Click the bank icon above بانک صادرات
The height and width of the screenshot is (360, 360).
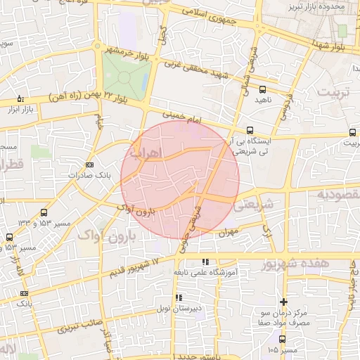pyautogui.click(x=89, y=165)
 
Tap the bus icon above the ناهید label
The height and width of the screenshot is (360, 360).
pyautogui.click(x=262, y=89)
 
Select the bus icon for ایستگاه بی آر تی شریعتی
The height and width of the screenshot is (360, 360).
pyautogui.click(x=250, y=130)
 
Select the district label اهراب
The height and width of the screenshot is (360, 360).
pyautogui.click(x=146, y=152)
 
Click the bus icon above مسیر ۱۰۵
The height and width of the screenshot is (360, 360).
pyautogui.click(x=282, y=339)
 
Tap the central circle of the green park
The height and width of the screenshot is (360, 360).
pyautogui.click(x=125, y=77)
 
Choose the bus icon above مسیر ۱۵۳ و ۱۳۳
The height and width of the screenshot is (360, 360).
pyautogui.click(x=44, y=212)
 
